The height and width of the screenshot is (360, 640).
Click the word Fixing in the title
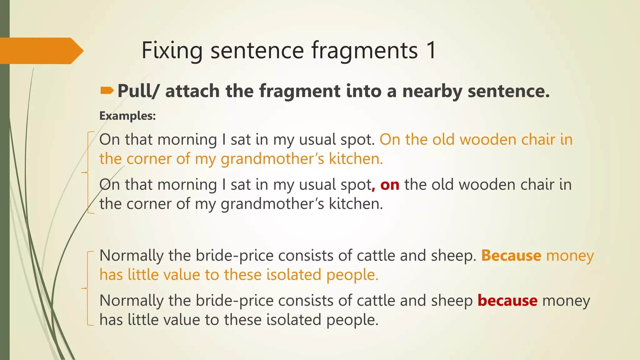[x=172, y=50]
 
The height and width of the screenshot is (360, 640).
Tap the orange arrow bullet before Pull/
[x=107, y=91]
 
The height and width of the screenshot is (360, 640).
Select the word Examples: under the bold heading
[x=127, y=116]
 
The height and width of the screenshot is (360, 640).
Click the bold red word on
[x=390, y=185]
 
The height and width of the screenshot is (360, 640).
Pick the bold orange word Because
[x=511, y=256]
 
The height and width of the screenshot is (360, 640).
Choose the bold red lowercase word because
[x=507, y=301]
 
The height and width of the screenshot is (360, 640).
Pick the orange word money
[x=570, y=256]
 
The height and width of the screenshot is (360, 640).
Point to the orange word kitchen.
[x=356, y=159]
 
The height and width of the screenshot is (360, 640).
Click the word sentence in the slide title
[x=257, y=50]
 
